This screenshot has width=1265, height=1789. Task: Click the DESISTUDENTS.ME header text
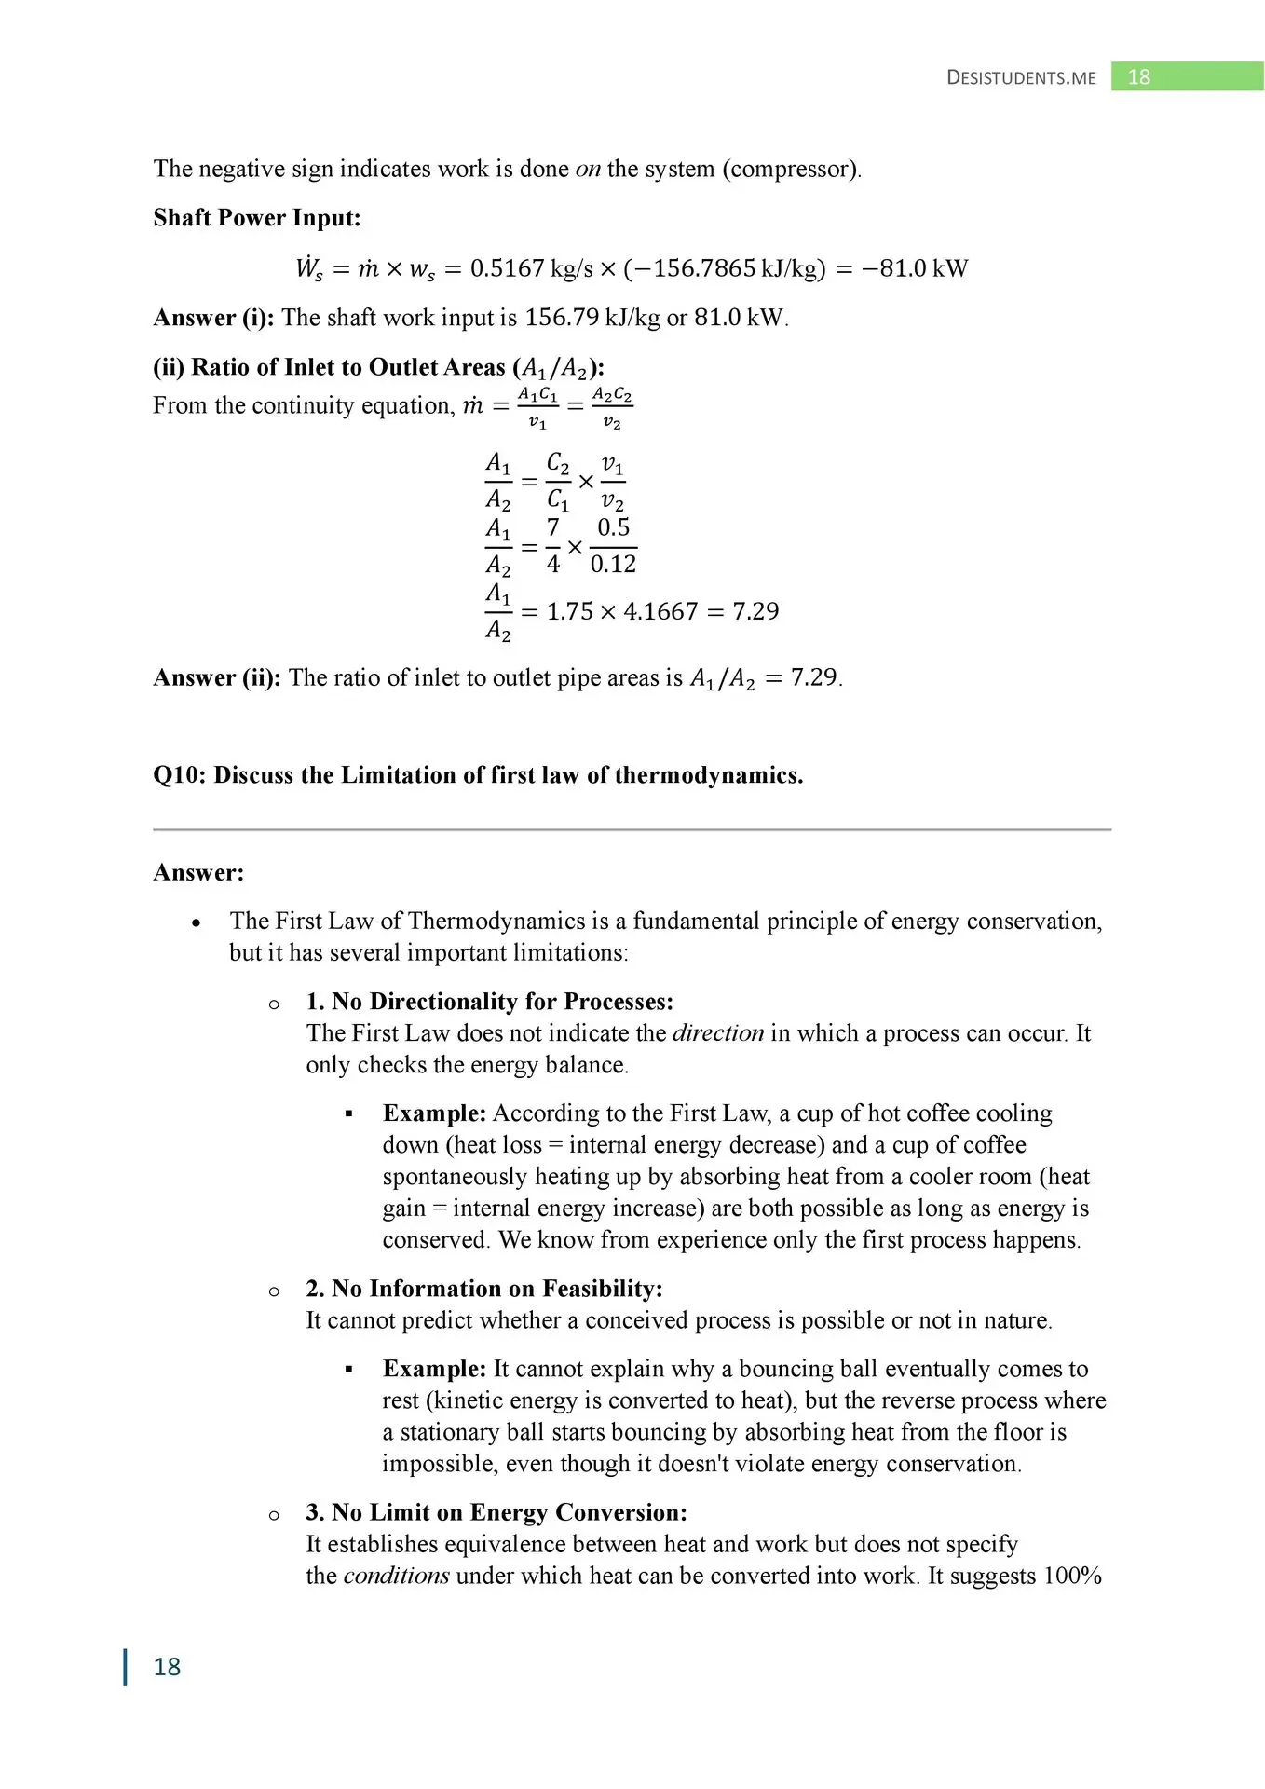click(1021, 78)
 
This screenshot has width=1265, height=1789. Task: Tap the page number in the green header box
click(1138, 77)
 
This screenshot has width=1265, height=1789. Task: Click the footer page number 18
click(167, 1666)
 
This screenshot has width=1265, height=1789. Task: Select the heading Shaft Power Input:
click(256, 218)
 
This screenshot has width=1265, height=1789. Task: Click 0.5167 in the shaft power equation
click(507, 268)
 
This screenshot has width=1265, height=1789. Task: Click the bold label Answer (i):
click(213, 318)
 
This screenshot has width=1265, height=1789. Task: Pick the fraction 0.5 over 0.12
click(613, 546)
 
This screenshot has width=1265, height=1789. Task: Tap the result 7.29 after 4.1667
click(755, 611)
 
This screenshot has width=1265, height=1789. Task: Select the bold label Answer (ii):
click(217, 677)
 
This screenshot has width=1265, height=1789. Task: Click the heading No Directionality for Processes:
click(502, 1002)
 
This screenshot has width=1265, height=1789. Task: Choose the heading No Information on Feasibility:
click(496, 1289)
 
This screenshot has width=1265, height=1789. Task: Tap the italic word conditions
click(396, 1576)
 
